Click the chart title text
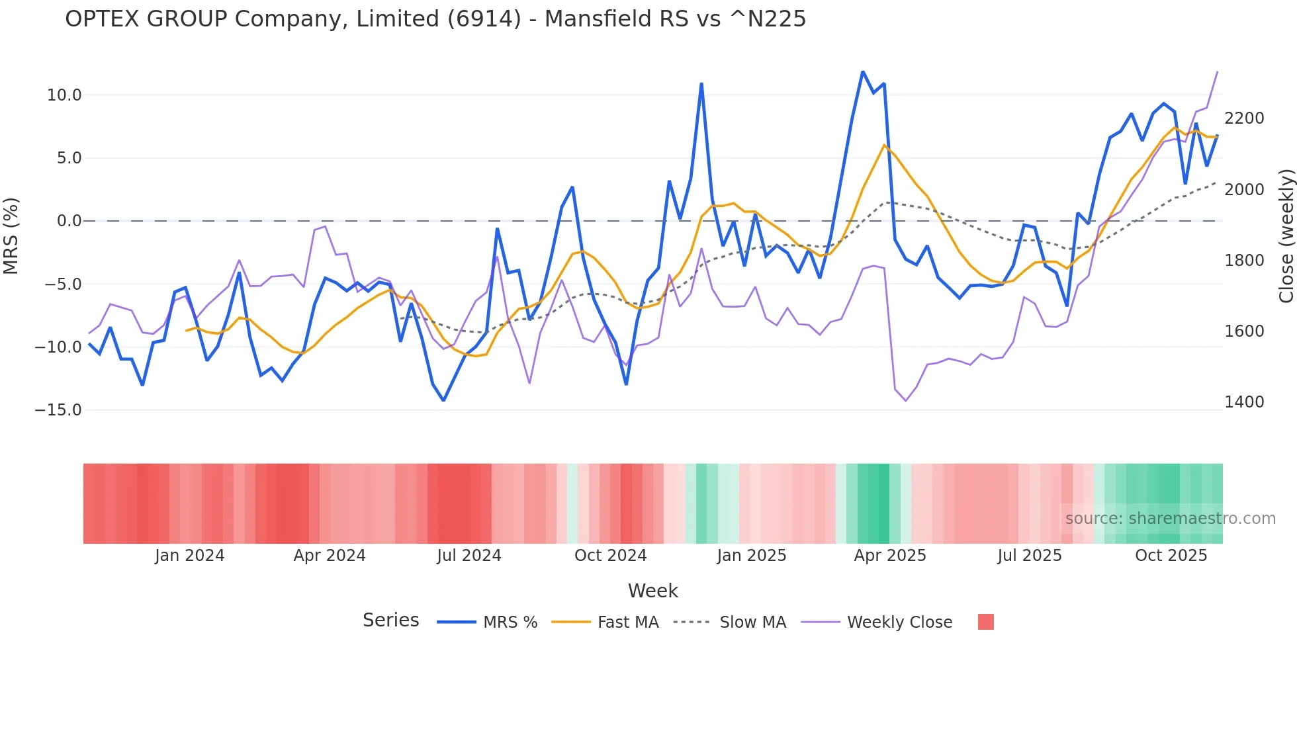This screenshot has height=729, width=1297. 435,19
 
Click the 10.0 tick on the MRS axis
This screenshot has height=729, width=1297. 64,95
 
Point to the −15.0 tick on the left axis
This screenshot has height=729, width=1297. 58,410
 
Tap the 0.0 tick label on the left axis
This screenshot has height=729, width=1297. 69,221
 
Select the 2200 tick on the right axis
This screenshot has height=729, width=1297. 1244,118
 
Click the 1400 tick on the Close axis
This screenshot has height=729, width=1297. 1244,402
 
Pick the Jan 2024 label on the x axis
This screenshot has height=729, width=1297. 190,556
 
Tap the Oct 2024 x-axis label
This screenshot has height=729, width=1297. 610,556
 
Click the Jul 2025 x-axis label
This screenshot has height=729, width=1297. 1030,556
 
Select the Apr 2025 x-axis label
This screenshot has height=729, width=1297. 890,556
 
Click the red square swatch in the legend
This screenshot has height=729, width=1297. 985,622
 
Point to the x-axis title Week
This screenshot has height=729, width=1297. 652,591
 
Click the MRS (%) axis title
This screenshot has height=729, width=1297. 11,236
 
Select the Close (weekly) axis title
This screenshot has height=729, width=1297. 1286,236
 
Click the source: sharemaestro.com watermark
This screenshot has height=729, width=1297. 1170,519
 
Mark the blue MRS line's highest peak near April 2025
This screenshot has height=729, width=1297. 863,71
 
